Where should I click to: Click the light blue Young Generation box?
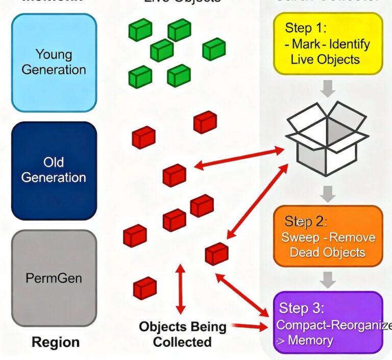(x=54, y=62)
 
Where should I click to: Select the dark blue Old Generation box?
(x=54, y=170)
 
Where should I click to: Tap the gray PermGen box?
(x=54, y=278)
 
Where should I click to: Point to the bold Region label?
(x=56, y=342)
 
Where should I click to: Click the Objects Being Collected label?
(x=182, y=334)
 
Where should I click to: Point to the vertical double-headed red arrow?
(x=180, y=289)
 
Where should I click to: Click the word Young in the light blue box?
(x=54, y=54)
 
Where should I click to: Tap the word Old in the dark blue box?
(x=54, y=162)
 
